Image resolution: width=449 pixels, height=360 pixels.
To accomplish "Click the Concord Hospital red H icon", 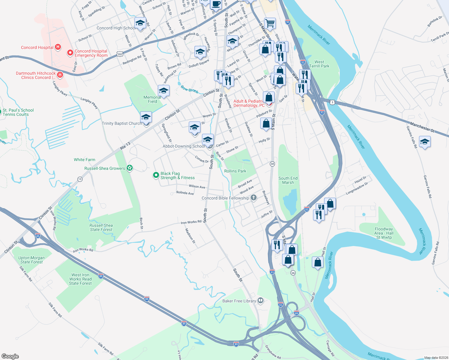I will pyautogui.click(x=58, y=47).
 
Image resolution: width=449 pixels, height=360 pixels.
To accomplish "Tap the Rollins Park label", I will pyautogui.click(x=235, y=171).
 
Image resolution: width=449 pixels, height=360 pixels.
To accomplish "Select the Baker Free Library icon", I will pyautogui.click(x=261, y=300).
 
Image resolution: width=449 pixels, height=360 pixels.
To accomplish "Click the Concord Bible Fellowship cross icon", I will pyautogui.click(x=254, y=197).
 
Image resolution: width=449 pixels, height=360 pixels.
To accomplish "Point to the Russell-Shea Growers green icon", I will pyautogui.click(x=130, y=168).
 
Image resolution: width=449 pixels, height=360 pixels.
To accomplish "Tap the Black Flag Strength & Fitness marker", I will pyautogui.click(x=156, y=175).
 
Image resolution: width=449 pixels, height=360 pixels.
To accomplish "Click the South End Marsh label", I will pyautogui.click(x=288, y=180).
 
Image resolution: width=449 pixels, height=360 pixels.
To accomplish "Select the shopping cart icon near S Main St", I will pyautogui.click(x=270, y=22).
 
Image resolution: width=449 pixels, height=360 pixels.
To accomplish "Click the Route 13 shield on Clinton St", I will pyautogui.click(x=80, y=179).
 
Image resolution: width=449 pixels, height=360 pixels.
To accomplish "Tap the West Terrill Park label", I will pyautogui.click(x=319, y=64).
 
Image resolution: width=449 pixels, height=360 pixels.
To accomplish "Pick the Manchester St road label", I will pyautogui.click(x=422, y=127).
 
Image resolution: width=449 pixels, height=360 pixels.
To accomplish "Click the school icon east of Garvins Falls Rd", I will pyautogui.click(x=424, y=142).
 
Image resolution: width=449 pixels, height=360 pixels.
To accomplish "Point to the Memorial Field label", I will pyautogui.click(x=152, y=99).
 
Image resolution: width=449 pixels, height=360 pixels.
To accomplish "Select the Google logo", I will pyautogui.click(x=10, y=356).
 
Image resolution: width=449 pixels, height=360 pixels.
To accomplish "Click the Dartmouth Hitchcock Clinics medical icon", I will pyautogui.click(x=60, y=75).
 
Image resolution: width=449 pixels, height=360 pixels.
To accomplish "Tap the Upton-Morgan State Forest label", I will pyautogui.click(x=31, y=260).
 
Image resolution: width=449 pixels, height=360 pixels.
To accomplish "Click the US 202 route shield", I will pyautogui.click(x=120, y=54).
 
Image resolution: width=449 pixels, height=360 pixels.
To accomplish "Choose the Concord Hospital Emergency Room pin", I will pyautogui.click(x=70, y=53).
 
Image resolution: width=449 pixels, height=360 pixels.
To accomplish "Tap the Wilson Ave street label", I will pyautogui.click(x=197, y=187).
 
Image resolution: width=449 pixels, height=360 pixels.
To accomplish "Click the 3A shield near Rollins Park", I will pyautogui.click(x=272, y=164).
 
